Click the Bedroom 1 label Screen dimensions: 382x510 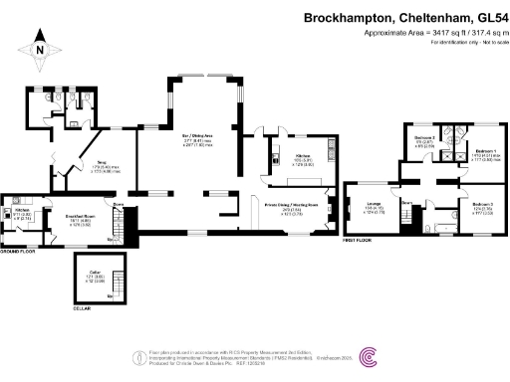487,150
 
